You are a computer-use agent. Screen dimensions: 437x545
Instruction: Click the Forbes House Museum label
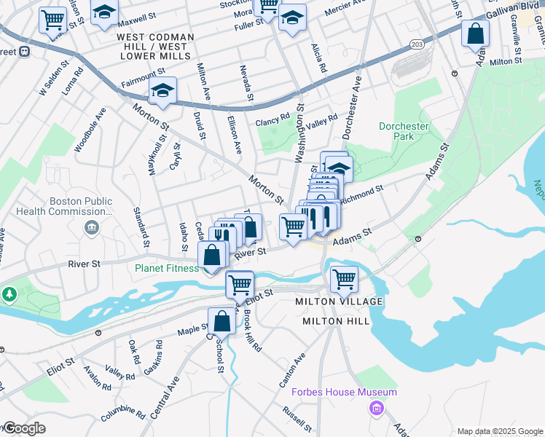click(344, 392)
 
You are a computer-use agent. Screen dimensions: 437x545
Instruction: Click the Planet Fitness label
click(166, 268)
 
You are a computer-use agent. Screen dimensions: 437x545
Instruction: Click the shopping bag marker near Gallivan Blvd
click(475, 34)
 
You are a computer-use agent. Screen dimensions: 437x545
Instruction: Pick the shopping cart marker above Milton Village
click(344, 278)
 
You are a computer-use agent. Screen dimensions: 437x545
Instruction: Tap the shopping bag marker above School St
click(221, 320)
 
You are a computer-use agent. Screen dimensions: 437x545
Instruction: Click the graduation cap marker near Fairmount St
click(162, 91)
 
